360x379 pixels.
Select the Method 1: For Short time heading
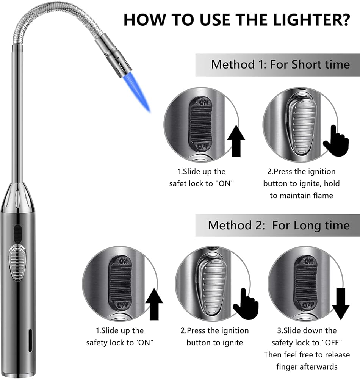[x=280, y=64]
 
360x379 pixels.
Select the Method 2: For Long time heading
[x=279, y=225]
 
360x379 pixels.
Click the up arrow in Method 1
[x=235, y=142]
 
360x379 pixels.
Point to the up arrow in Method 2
[x=153, y=303]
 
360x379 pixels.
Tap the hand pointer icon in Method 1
[x=336, y=141]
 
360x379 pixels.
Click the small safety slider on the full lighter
[x=17, y=234]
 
